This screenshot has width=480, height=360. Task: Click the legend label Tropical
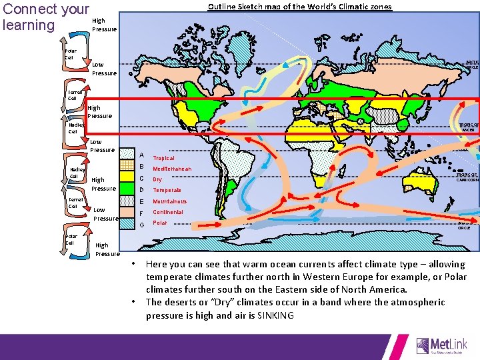pos(163,158)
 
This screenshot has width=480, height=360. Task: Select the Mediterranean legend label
pos(172,169)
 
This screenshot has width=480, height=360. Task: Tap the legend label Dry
pos(157,179)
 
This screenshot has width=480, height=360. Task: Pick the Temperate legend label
pos(167,190)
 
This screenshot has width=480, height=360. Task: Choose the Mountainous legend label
pos(169,201)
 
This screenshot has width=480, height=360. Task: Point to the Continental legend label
pos(167,212)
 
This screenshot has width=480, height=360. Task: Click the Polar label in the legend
pos(160,223)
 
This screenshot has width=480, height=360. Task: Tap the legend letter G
pos(141,224)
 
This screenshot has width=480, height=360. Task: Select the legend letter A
pos(141,155)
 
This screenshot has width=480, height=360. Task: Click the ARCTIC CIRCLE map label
pos(472,63)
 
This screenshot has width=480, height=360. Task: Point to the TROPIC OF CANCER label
pos(468,127)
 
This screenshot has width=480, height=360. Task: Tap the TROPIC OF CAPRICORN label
pos(467,177)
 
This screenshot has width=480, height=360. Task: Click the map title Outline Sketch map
pos(300,7)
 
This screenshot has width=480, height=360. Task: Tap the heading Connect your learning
pos(45,17)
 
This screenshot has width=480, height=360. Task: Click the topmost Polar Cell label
pos(71,54)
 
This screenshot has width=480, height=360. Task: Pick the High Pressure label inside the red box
pos(99,111)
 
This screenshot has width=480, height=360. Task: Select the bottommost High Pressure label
pos(107,249)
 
